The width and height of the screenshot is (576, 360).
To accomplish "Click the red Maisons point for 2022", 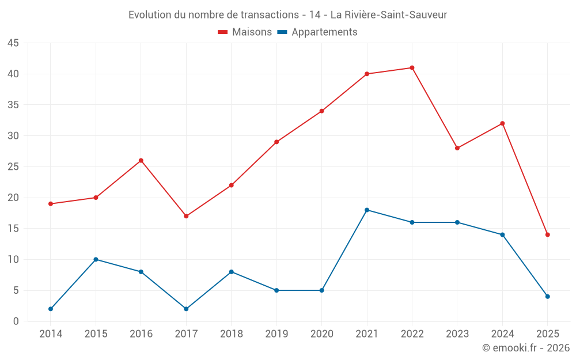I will point(412,68).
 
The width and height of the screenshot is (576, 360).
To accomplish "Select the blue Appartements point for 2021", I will point(367,210).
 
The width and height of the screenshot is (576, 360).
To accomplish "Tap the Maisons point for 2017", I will point(186,216).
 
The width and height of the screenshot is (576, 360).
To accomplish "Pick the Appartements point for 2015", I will point(96,259).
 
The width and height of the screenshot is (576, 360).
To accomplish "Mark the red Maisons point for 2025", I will point(548,234).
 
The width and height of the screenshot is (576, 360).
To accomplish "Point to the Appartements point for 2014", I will point(51,309).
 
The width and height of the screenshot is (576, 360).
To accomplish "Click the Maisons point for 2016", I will point(141,160).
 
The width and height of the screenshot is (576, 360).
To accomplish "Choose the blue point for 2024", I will point(502,234).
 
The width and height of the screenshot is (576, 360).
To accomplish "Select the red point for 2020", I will point(321,111).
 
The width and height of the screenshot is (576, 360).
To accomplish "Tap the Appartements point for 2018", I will point(231,272).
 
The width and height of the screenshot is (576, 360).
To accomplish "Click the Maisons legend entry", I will point(245,32).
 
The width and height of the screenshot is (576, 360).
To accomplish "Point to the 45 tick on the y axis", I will point(13,43).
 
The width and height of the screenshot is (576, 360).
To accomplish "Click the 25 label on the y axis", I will point(13,167).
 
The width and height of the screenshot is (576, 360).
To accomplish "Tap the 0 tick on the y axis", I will point(16,321).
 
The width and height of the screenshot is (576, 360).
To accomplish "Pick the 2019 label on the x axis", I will point(276,334).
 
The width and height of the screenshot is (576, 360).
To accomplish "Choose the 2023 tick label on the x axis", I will point(457,334).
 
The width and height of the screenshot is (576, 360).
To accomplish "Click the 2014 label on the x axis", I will point(51,334).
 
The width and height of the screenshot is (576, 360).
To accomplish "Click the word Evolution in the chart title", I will point(150,15).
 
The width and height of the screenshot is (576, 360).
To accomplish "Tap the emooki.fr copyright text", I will point(526,348).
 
